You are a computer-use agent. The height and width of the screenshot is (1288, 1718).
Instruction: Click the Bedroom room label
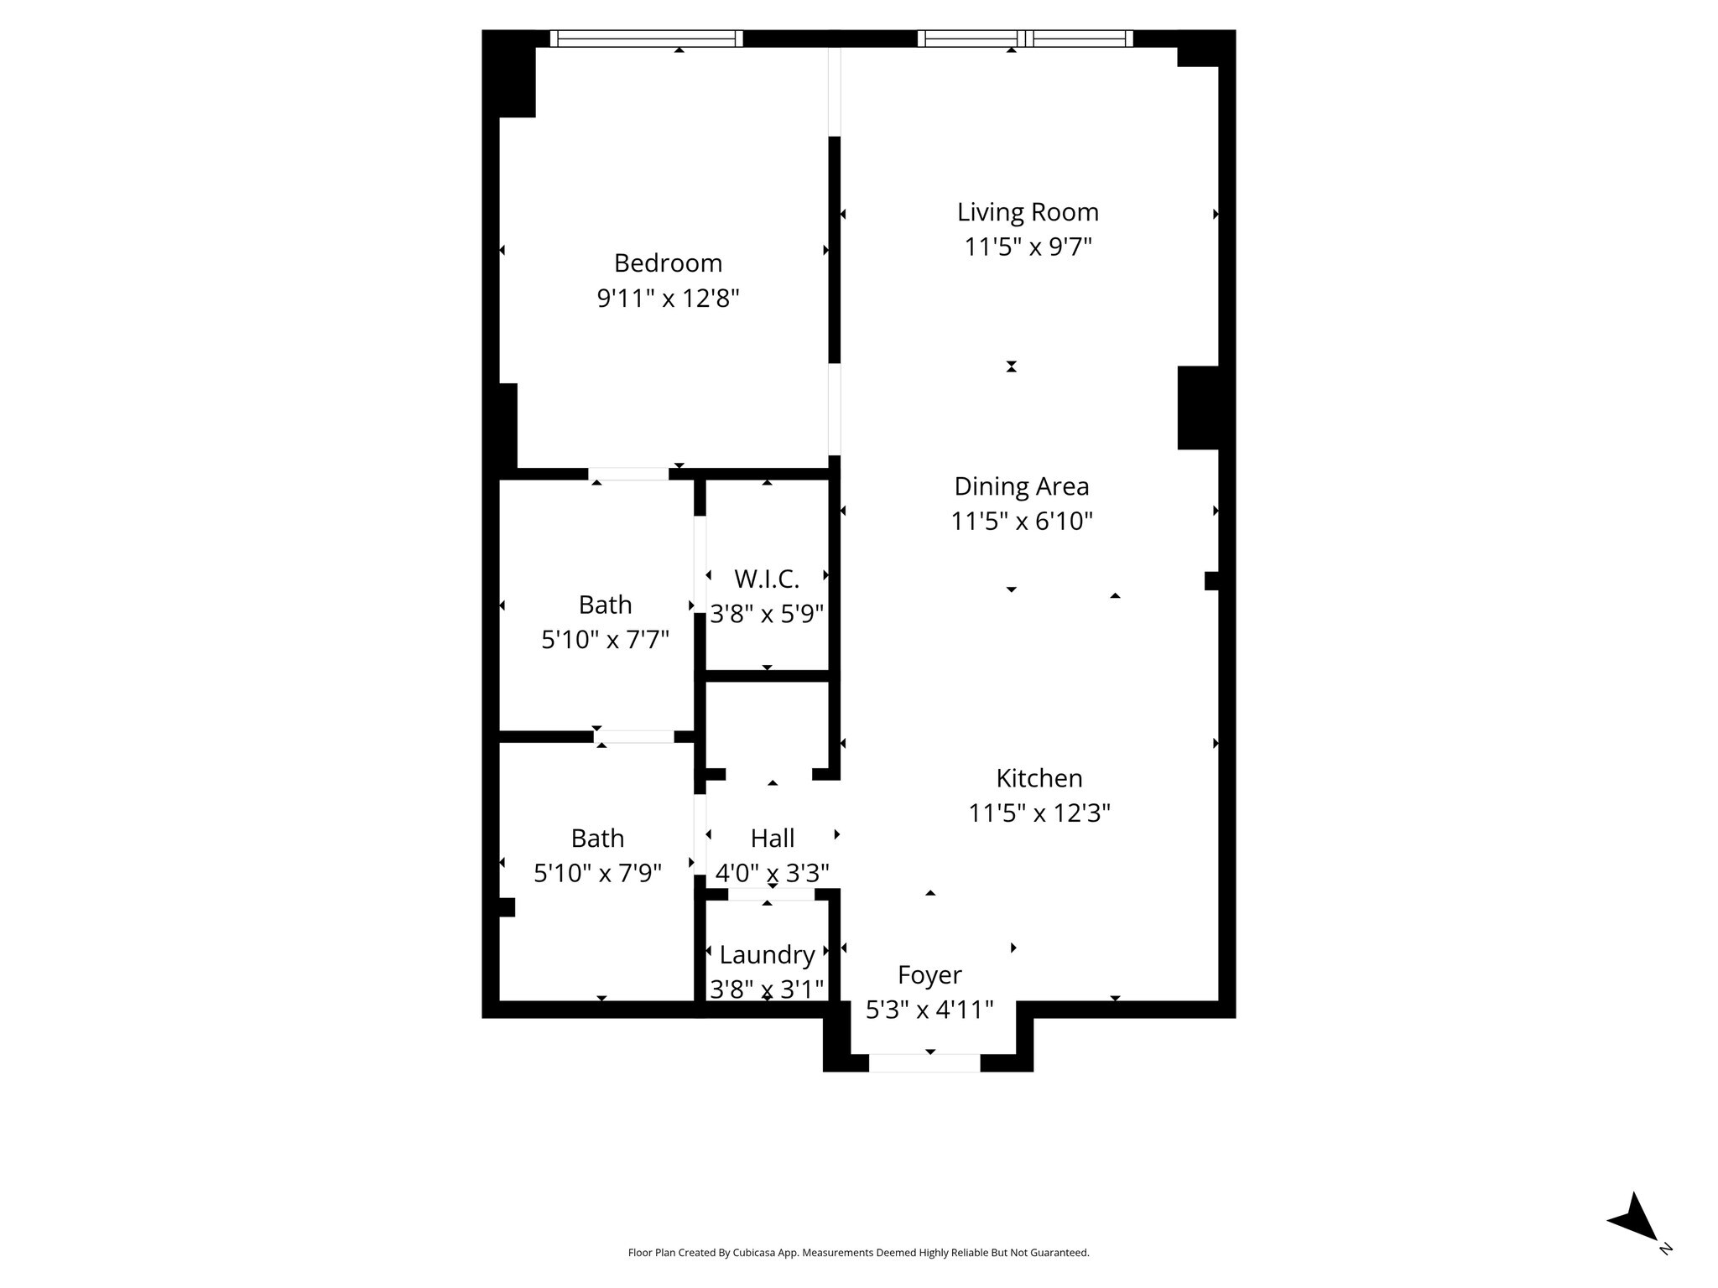click(x=668, y=263)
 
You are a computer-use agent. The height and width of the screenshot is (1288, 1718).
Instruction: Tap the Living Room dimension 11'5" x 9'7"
click(x=1028, y=247)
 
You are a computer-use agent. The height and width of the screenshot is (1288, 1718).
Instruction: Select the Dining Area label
click(x=1021, y=486)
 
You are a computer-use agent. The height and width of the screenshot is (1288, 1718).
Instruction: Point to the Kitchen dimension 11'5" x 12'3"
click(x=1039, y=813)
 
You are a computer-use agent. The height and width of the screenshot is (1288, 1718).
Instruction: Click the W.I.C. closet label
click(x=767, y=579)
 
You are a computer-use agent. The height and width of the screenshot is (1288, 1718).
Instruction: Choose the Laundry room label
click(x=767, y=954)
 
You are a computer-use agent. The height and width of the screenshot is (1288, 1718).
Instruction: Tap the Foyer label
click(x=929, y=974)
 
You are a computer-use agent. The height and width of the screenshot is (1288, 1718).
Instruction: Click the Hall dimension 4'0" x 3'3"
click(x=772, y=874)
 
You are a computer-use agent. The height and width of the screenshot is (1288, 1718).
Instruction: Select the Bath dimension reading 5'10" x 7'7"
click(x=605, y=640)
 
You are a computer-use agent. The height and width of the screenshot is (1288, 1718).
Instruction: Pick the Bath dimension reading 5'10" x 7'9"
click(x=597, y=874)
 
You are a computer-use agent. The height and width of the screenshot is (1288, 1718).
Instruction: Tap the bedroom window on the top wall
click(x=646, y=39)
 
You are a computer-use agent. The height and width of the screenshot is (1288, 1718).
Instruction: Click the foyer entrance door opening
click(x=924, y=1062)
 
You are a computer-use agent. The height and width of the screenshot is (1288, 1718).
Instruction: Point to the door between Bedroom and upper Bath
click(x=628, y=475)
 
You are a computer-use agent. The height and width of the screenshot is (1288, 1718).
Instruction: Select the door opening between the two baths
click(x=634, y=737)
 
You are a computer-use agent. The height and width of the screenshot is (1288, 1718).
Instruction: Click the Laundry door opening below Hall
click(x=771, y=895)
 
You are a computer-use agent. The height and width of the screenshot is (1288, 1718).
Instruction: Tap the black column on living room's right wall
click(x=1197, y=408)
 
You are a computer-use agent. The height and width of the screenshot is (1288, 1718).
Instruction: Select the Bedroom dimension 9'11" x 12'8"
click(x=668, y=299)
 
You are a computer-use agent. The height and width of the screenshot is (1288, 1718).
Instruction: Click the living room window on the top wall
click(x=1025, y=39)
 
